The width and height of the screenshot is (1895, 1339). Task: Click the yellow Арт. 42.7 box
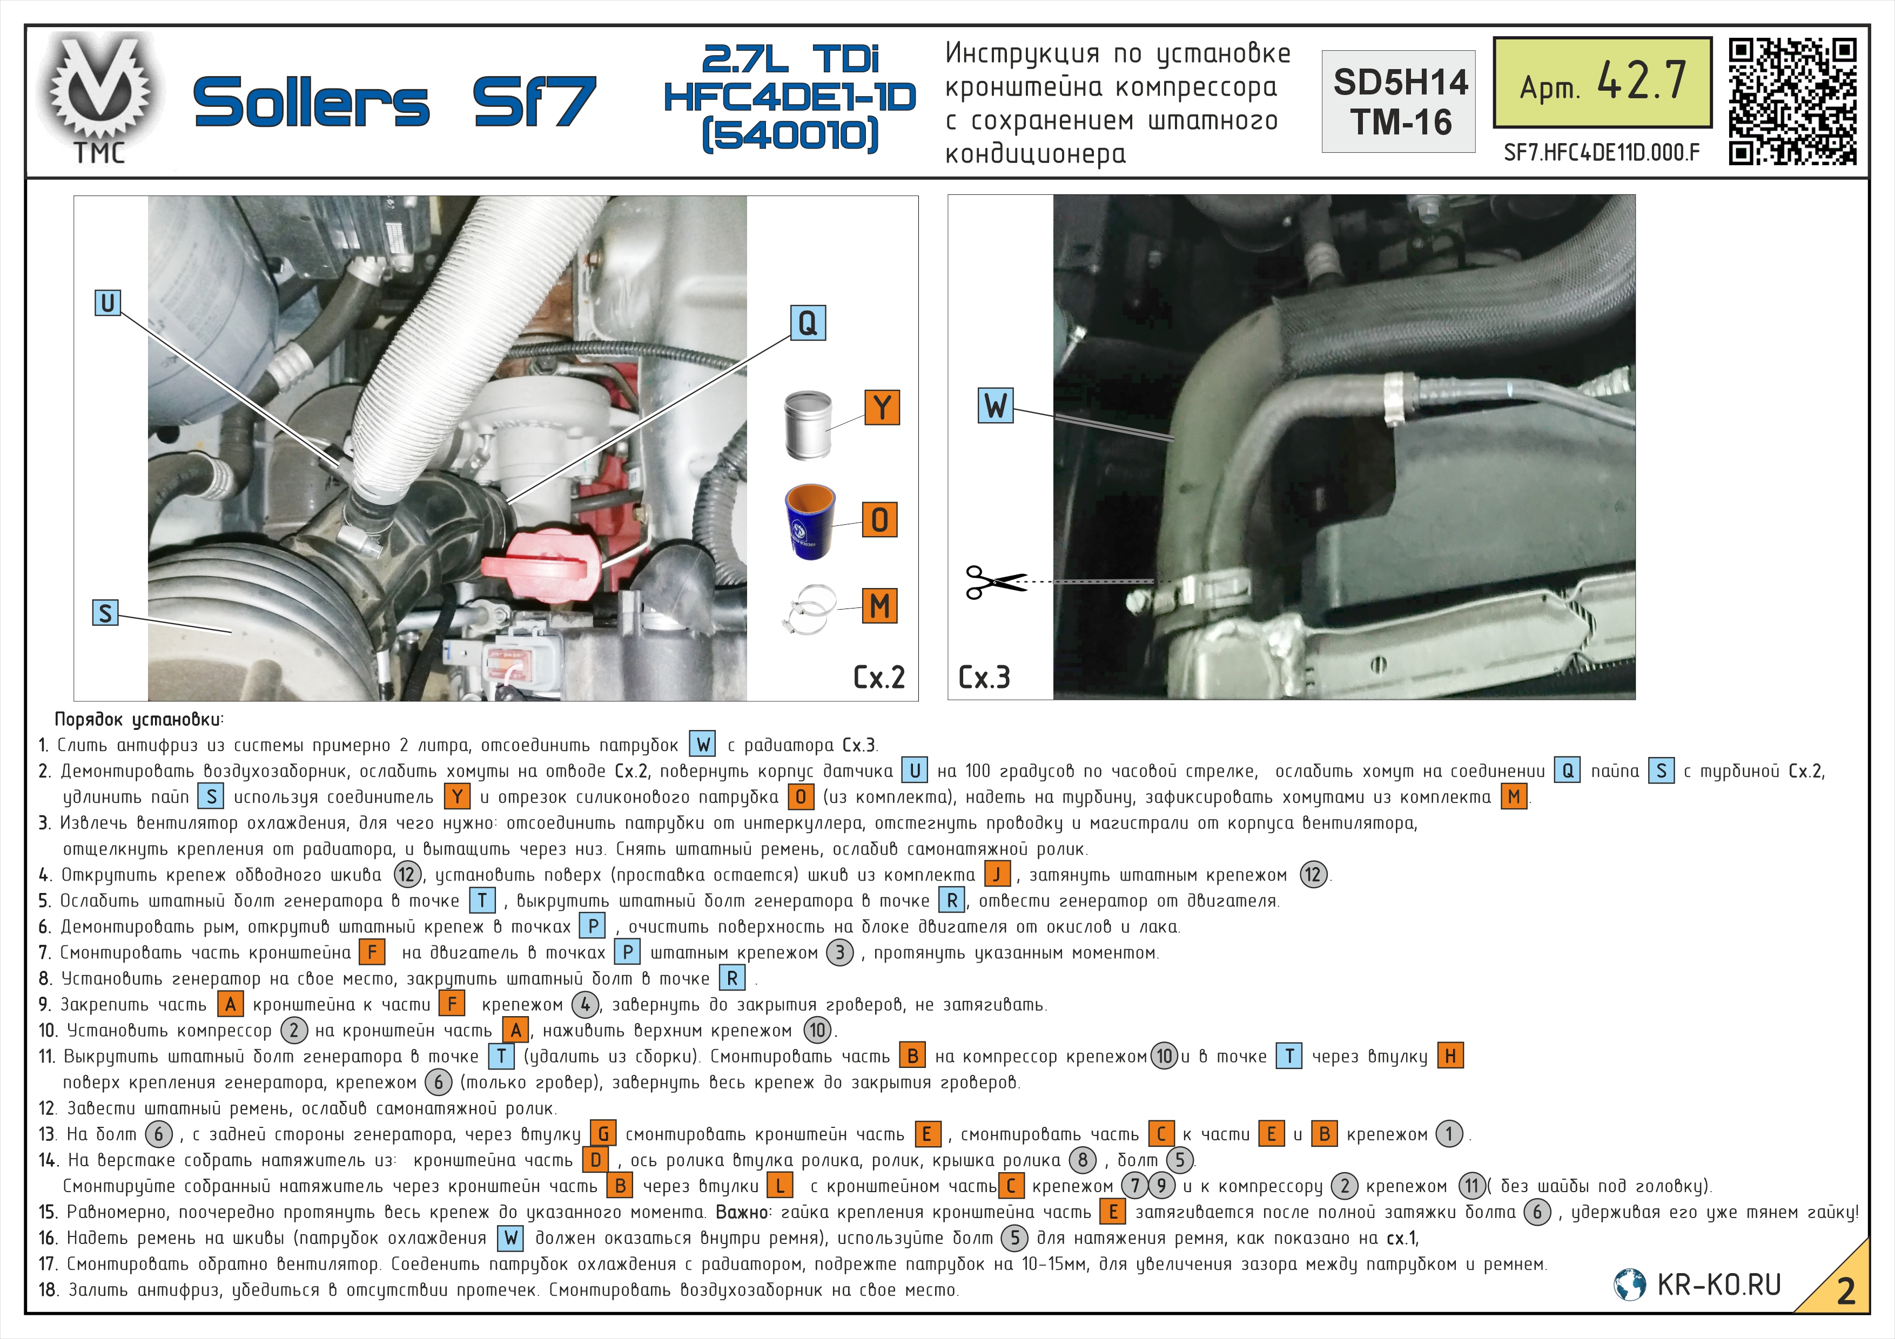(1602, 83)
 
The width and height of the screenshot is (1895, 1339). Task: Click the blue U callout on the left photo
(107, 303)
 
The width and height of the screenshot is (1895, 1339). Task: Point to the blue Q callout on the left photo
(807, 322)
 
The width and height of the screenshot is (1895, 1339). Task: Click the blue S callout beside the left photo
(105, 613)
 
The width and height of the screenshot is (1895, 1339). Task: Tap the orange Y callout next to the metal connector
(882, 408)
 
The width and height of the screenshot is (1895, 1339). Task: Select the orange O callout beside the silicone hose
(880, 520)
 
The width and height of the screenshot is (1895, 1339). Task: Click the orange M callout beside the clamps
(880, 606)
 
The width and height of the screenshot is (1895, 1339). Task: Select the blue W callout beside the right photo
(996, 405)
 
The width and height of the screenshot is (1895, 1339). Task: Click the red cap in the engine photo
(538, 565)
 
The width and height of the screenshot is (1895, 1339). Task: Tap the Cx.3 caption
(984, 678)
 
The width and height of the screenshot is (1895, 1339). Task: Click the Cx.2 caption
(879, 678)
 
